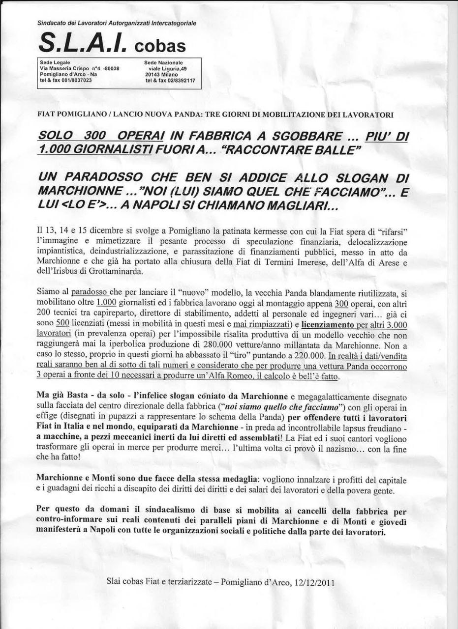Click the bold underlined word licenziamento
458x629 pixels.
click(x=328, y=324)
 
